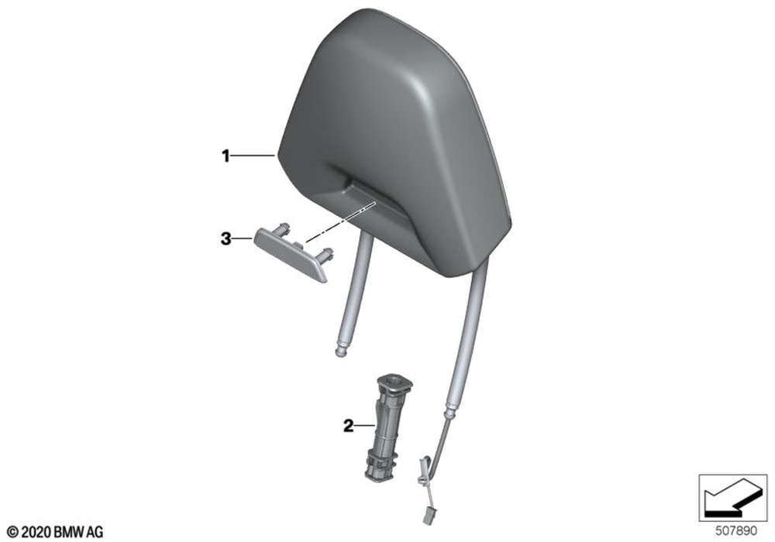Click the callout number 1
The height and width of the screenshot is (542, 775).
(x=226, y=156)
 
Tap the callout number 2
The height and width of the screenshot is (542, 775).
(x=349, y=426)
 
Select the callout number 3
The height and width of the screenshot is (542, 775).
(x=226, y=240)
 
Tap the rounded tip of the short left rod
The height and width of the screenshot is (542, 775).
(x=339, y=352)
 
